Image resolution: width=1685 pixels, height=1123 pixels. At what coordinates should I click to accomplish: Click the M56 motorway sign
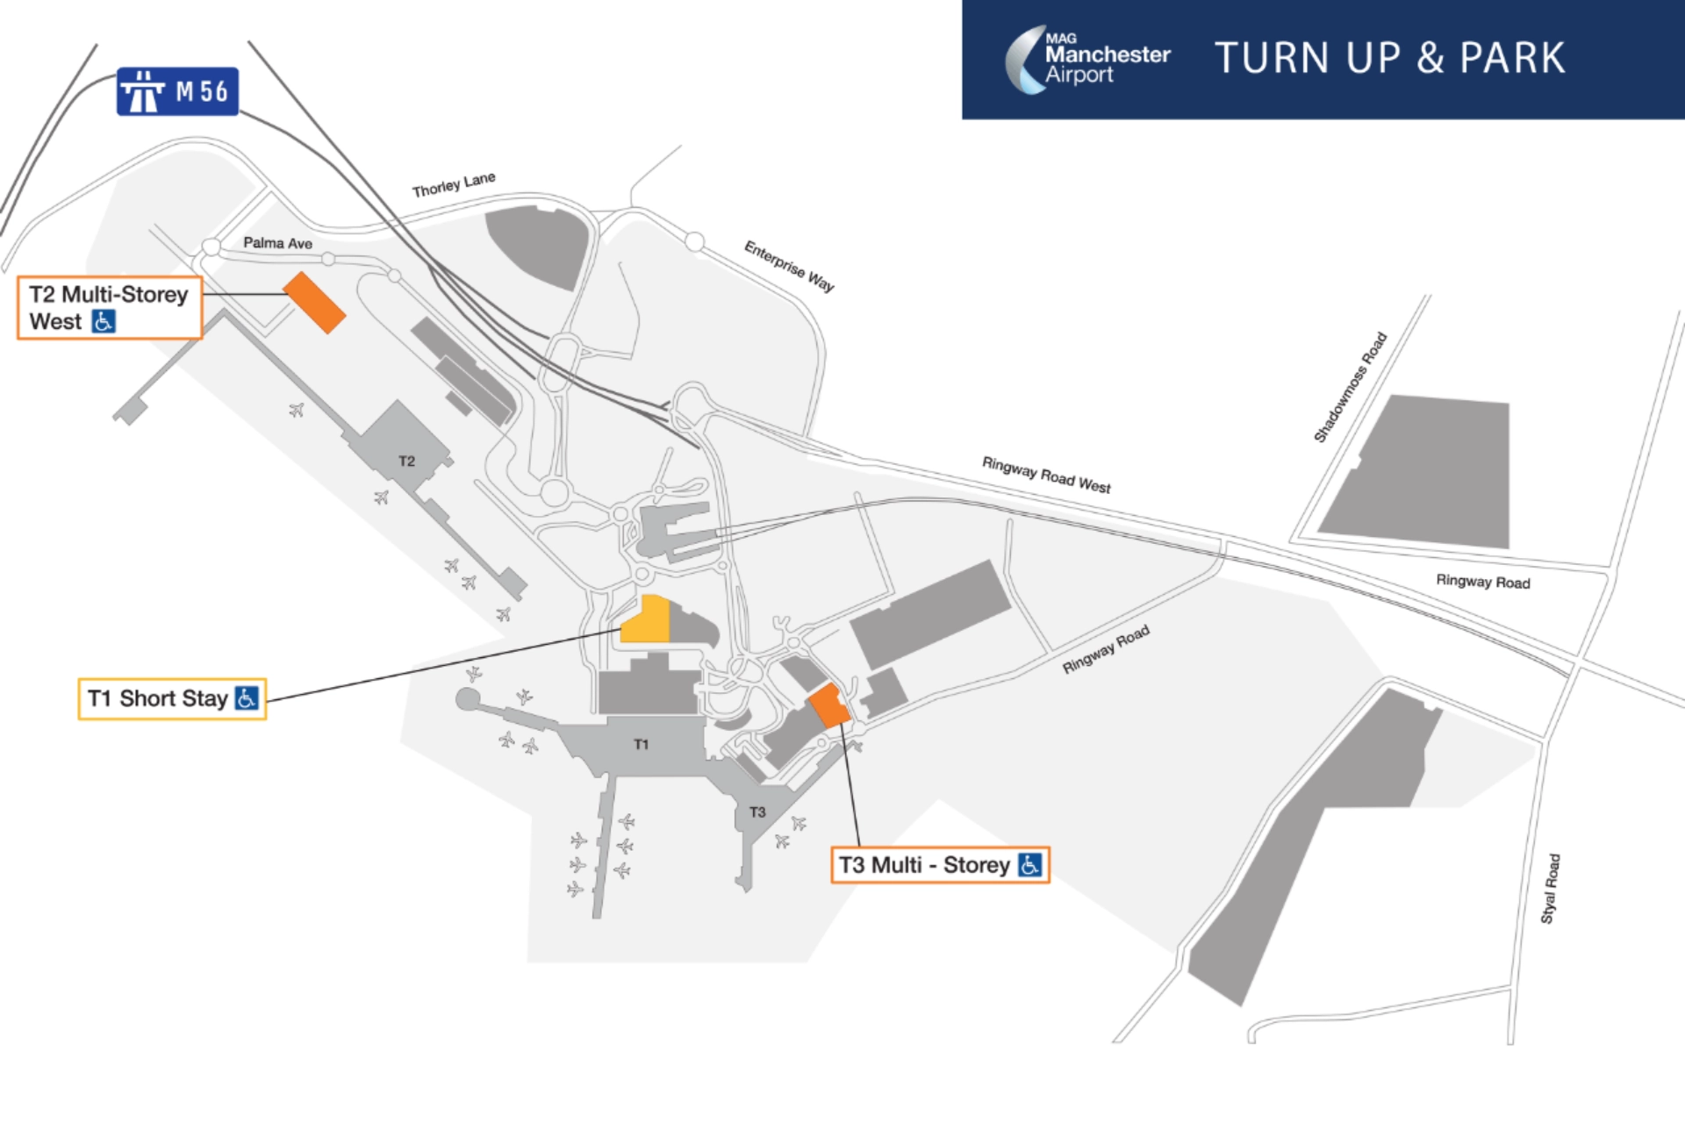coord(177,91)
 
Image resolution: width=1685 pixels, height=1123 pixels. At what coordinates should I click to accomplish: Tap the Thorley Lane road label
coord(454,185)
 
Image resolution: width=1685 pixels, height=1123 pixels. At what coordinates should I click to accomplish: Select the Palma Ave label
coord(277,243)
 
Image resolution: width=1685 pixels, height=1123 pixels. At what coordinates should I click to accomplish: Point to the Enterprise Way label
coord(789,265)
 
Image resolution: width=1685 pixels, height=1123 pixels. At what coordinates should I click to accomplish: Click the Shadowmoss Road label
coord(1350,387)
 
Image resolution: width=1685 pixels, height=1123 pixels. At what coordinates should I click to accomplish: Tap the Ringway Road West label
coord(1045,475)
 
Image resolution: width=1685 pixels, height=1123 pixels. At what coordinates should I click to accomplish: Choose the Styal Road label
coord(1550,889)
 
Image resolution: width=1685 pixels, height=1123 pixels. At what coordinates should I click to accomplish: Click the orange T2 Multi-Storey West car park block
coord(314,303)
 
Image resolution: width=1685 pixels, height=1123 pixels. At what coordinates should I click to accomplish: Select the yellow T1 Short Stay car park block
coord(645,620)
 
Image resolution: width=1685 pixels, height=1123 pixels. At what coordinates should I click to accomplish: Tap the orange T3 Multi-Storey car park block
coord(828,705)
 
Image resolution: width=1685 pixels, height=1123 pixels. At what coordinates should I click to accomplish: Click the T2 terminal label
coord(406,461)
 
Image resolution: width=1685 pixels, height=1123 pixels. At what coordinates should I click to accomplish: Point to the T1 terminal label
coord(642,745)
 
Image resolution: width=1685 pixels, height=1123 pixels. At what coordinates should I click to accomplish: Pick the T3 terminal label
coord(757,812)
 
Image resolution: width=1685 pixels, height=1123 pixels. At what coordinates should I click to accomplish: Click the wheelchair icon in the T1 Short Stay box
coord(247,698)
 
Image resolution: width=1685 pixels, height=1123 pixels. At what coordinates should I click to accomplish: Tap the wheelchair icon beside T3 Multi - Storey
coord(1029,865)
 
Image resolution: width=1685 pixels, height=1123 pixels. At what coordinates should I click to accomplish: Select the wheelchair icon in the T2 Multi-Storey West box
coord(104,322)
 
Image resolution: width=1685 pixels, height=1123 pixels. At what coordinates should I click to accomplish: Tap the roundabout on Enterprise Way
coord(694,241)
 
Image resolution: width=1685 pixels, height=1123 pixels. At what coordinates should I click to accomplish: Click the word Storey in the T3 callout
coord(976,865)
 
